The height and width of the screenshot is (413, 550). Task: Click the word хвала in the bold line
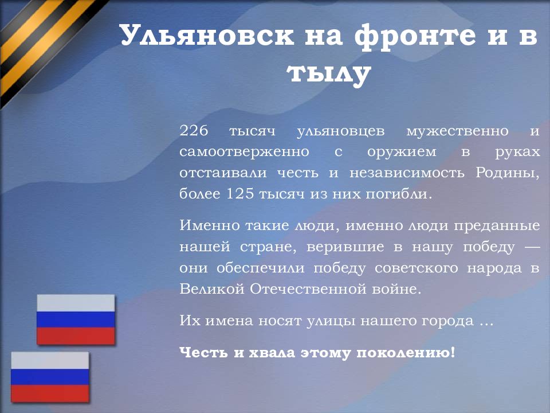tap(269, 352)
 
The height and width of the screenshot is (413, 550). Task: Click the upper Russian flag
tap(76, 320)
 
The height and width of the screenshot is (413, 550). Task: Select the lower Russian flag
tap(50, 377)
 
